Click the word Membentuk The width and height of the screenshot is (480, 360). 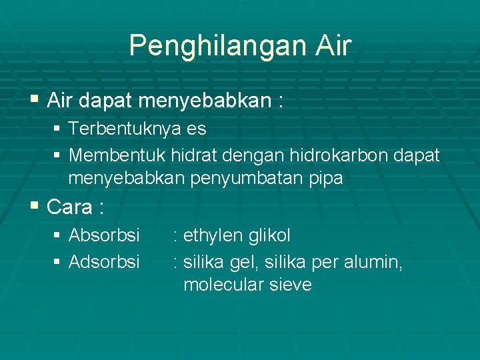[x=117, y=155]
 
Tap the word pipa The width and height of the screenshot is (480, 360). [x=324, y=179]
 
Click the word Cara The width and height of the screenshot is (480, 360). [x=70, y=207]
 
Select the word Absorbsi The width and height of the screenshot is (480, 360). [x=104, y=235]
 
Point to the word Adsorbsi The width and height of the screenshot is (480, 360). [x=104, y=262]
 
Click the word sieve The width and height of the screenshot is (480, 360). [x=289, y=285]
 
